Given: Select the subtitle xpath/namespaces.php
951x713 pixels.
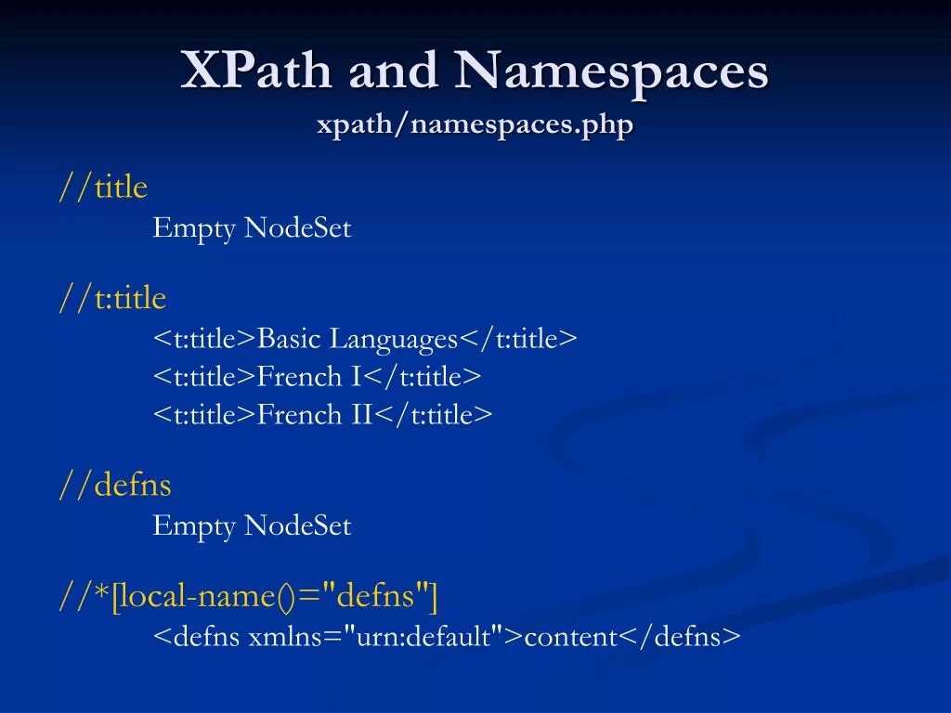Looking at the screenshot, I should (475, 123).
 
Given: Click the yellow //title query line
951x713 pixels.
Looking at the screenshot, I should (103, 188).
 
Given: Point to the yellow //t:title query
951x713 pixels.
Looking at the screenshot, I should (112, 299).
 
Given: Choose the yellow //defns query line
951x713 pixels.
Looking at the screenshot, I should (115, 486).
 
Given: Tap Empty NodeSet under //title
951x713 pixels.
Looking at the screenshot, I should (252, 228).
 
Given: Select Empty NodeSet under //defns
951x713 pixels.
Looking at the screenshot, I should (252, 526).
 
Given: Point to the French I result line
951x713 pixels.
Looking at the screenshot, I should (317, 377).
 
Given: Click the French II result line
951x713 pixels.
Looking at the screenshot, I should (322, 414).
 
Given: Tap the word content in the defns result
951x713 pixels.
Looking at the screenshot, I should (571, 637).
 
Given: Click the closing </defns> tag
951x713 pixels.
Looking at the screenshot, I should (680, 637).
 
